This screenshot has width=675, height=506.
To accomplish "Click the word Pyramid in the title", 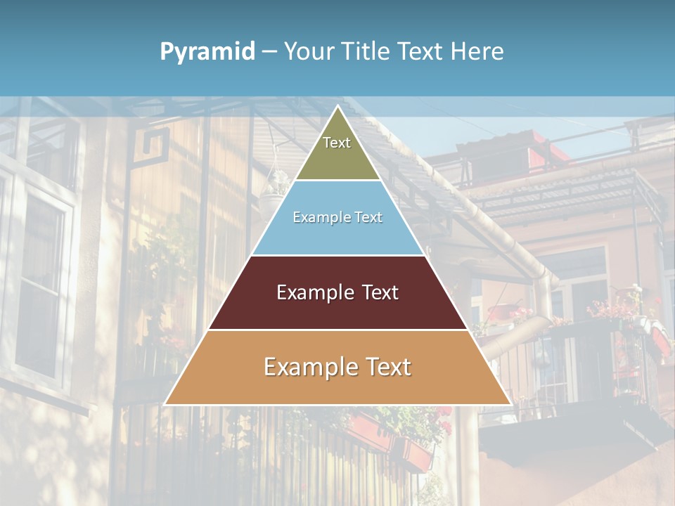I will click(207, 52).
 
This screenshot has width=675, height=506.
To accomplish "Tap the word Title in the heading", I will click(368, 52).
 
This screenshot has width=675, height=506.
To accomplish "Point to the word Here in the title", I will click(477, 52).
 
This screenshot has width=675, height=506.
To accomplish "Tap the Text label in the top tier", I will click(337, 143).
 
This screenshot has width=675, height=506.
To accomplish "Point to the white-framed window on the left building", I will click(42, 281).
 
